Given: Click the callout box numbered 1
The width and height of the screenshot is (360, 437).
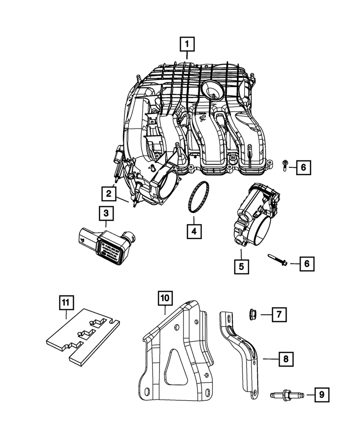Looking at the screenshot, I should tap(187, 44).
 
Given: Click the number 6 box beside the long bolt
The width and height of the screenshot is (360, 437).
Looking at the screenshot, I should tap(306, 263).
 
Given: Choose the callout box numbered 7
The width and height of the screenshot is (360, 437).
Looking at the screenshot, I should tap(279, 314).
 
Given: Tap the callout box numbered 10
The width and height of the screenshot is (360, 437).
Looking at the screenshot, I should tap(165, 299).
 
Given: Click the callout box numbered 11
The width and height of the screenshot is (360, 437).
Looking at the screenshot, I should tap(65, 302).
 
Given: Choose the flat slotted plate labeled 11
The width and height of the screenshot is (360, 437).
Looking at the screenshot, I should tap(79, 336).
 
